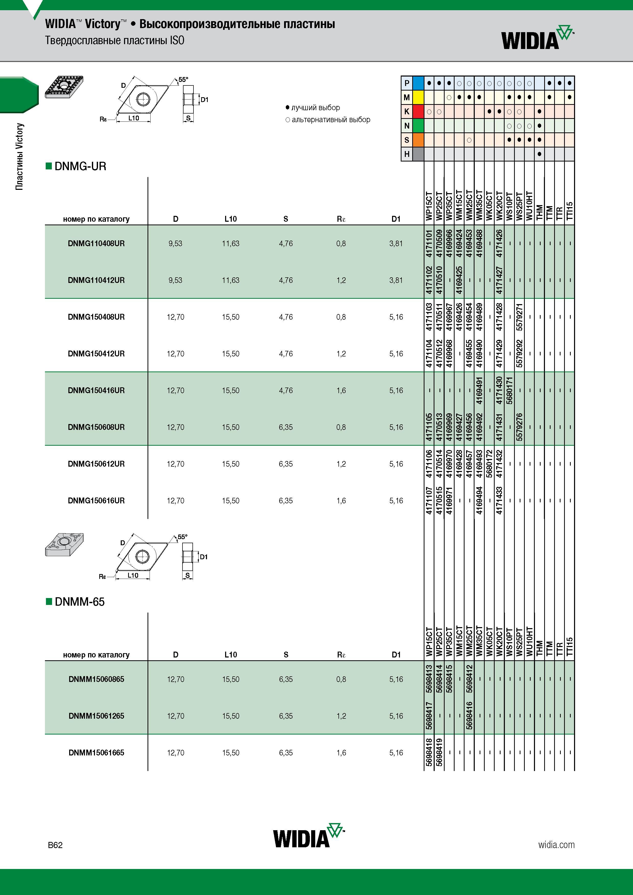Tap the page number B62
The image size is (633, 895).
click(x=55, y=845)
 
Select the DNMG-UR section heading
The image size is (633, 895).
click(x=76, y=166)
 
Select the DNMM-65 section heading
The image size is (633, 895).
click(x=75, y=602)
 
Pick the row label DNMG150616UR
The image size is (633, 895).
click(x=96, y=501)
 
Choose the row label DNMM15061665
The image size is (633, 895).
click(x=96, y=752)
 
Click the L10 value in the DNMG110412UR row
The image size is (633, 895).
click(x=230, y=280)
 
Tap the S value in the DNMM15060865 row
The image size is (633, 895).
click(x=286, y=679)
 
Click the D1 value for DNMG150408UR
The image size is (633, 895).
click(x=396, y=317)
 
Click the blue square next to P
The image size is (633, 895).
click(x=418, y=83)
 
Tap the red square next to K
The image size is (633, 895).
click(x=418, y=111)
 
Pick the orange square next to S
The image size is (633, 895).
click(x=418, y=140)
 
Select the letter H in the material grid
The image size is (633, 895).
click(x=407, y=154)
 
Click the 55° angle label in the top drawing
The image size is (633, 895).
click(x=183, y=80)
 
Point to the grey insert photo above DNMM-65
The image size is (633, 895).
click(x=64, y=544)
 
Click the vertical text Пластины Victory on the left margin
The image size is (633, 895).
click(x=19, y=157)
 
